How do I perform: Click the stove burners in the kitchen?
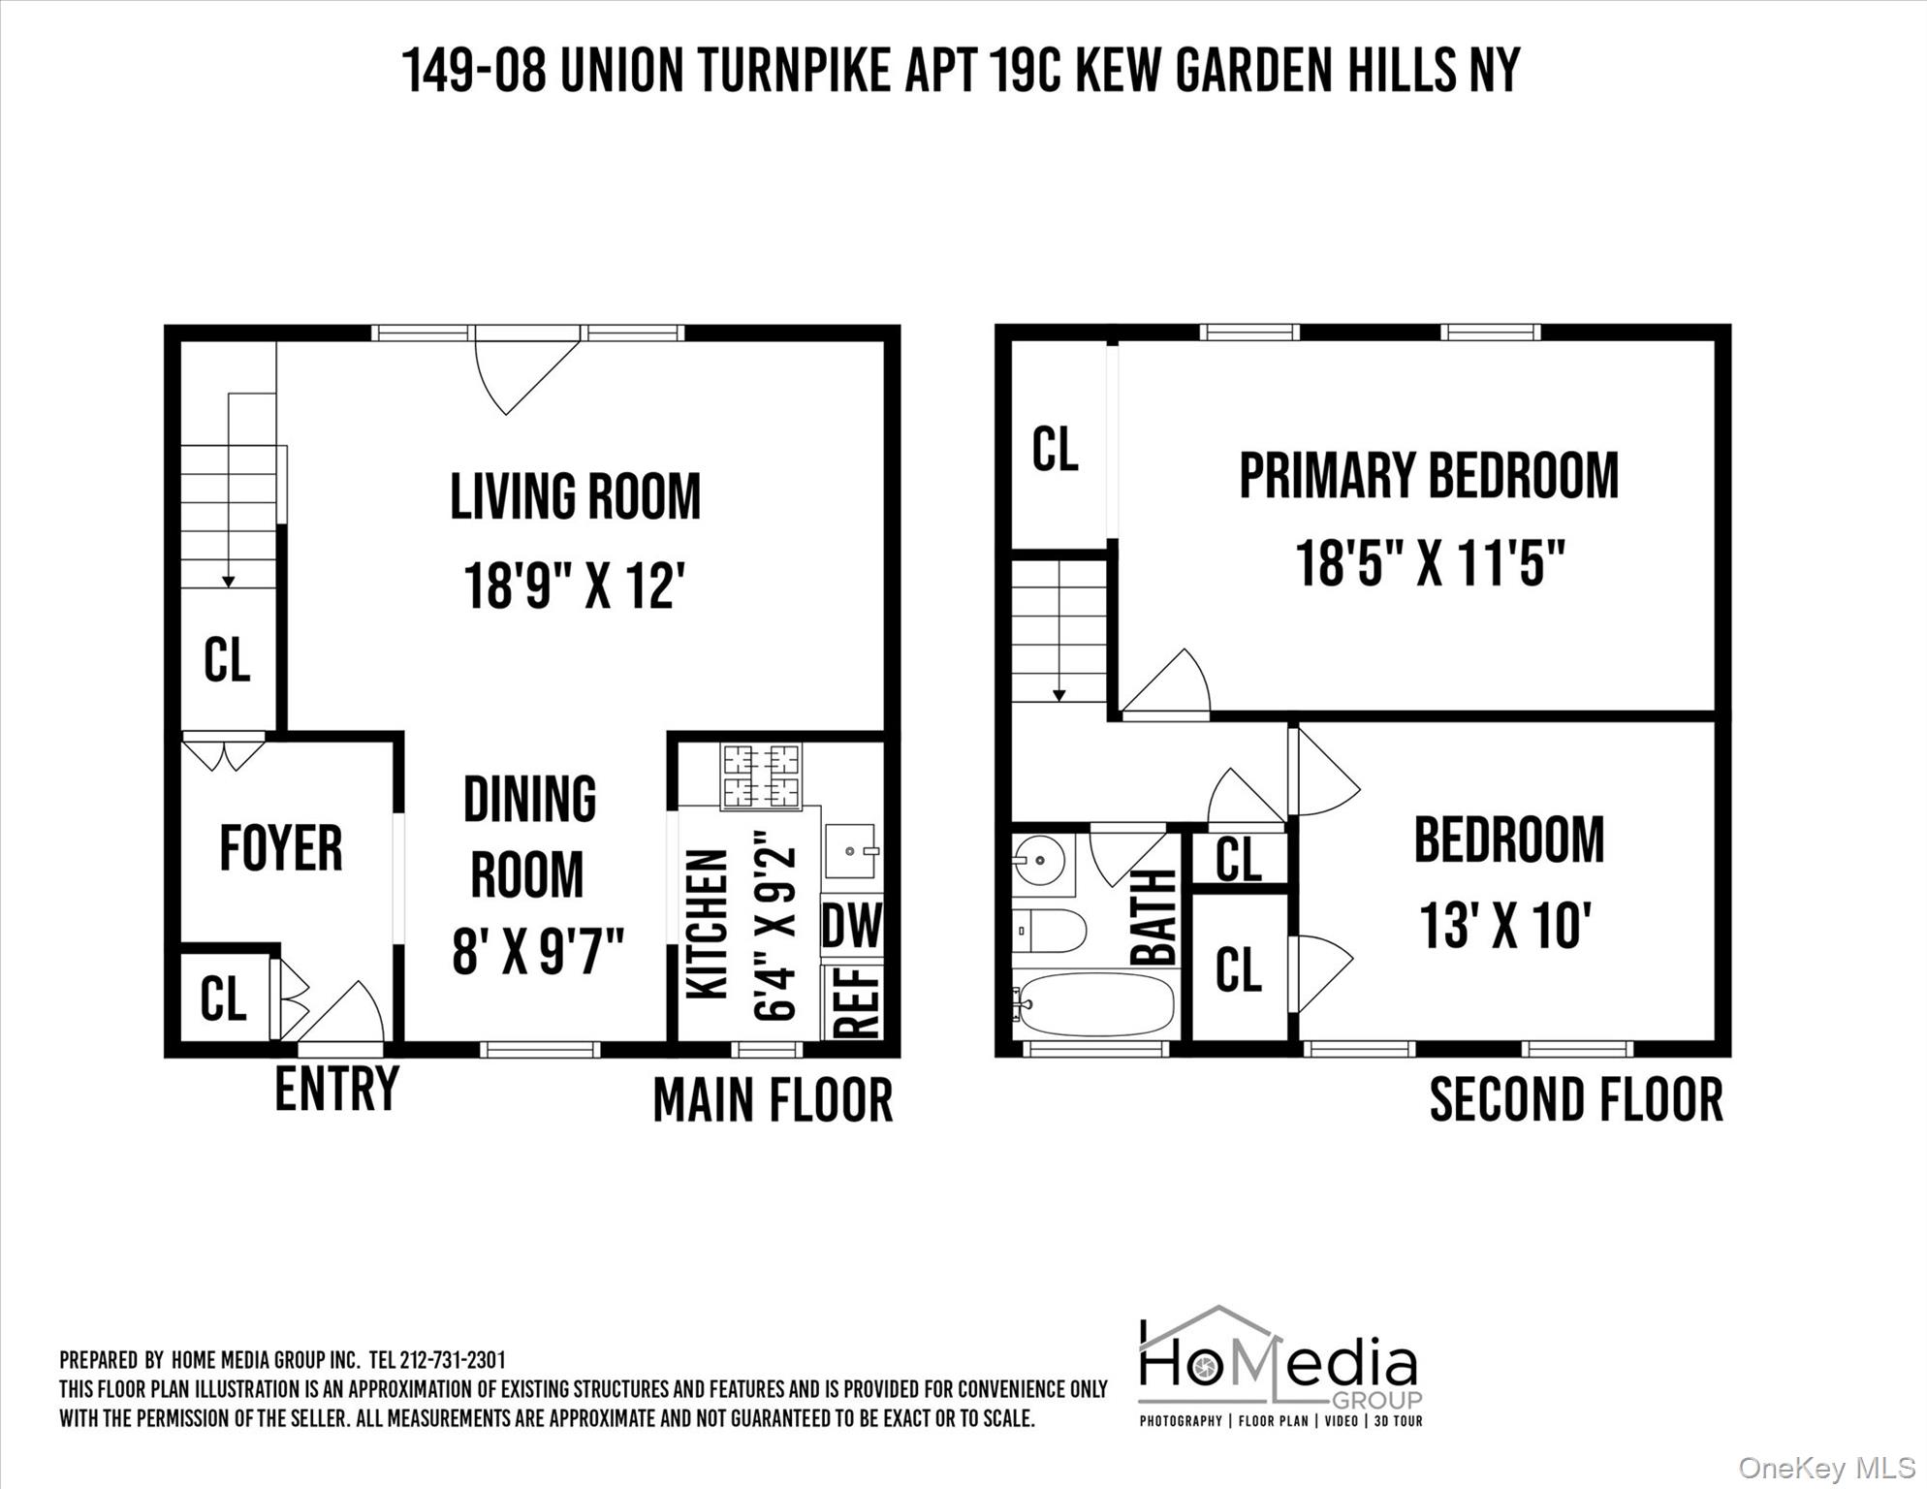tap(761, 776)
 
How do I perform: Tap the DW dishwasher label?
tap(852, 926)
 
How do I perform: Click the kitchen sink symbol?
tap(851, 851)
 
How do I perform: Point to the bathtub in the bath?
tap(1095, 1004)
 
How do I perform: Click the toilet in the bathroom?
tap(1049, 931)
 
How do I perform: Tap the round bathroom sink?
tap(1039, 859)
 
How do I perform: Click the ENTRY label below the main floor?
tap(336, 1089)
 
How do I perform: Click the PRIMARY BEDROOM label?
tap(1429, 476)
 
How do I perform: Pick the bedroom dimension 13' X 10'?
tap(1505, 925)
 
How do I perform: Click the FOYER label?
tap(281, 848)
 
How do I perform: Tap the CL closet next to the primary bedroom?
tap(1055, 450)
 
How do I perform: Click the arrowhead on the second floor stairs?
tap(1058, 694)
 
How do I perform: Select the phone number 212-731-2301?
tap(452, 1360)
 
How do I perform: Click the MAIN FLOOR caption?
tap(773, 1101)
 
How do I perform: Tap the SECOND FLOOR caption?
tap(1576, 1099)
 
